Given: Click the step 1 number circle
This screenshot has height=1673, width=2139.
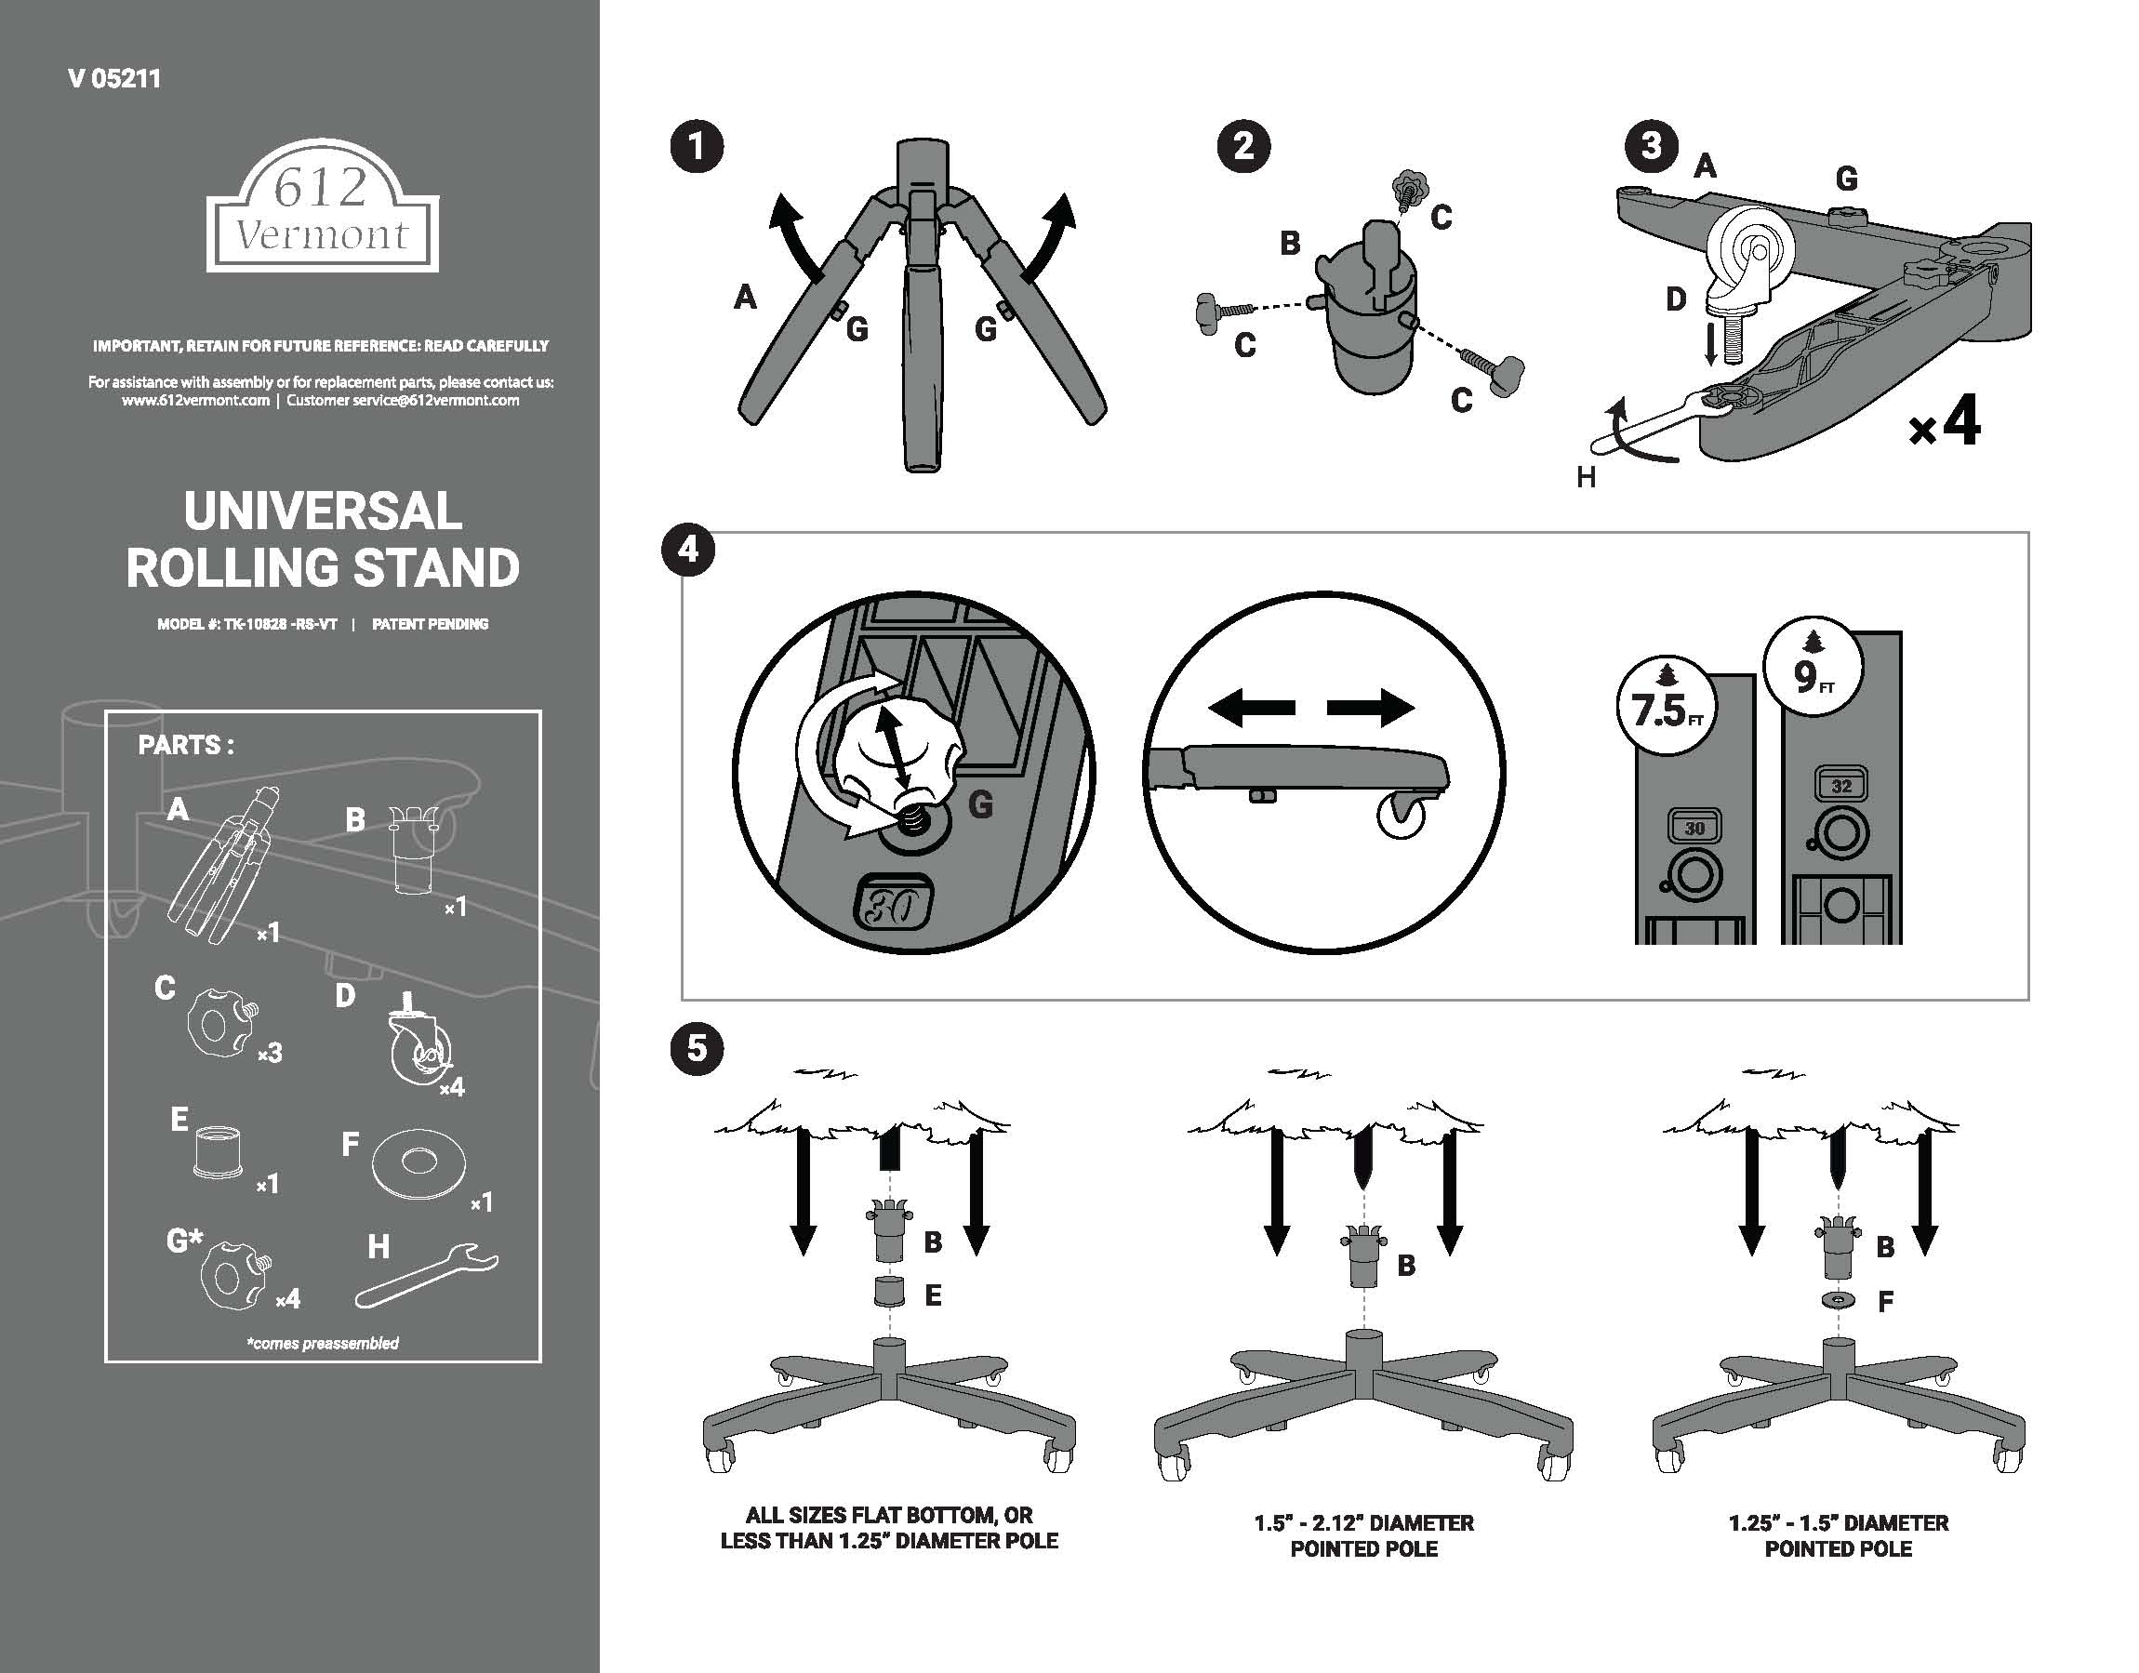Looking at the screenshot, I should coord(697,148).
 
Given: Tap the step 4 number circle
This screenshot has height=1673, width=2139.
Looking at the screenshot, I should coord(688,551).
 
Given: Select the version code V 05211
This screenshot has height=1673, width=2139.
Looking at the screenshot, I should coord(114,79).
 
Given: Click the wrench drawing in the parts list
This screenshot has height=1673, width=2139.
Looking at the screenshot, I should coord(427,1274).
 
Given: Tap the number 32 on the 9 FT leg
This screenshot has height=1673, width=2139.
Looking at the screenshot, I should coord(1841,786).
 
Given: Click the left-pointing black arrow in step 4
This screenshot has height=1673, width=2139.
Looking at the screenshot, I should coord(1252,707).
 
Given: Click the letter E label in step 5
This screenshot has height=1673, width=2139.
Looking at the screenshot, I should coord(933,1295).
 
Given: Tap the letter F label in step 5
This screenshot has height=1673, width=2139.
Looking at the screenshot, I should coord(1885,1302).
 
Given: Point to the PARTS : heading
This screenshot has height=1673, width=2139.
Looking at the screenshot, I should coord(185,746).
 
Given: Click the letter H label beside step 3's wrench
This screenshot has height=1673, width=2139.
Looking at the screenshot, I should coord(1586,477).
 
